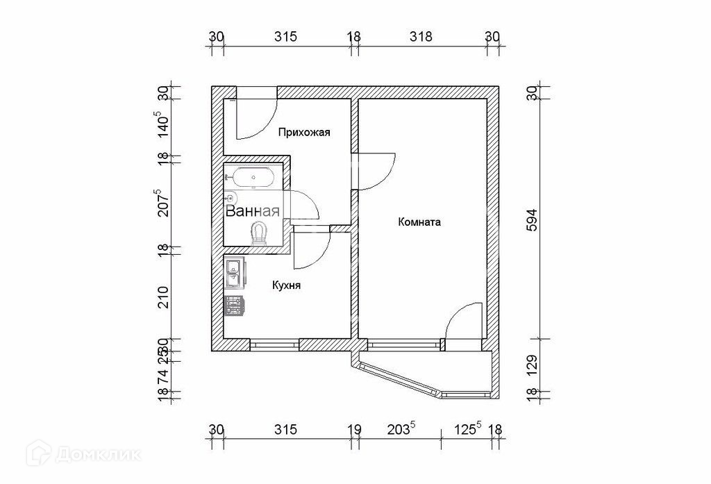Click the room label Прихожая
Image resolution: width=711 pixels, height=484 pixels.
pos(303,132)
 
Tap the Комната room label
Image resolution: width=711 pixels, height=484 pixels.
pos(419,223)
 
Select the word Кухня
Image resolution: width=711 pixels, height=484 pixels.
pos(285,285)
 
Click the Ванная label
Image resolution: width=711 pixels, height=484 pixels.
pos(252,212)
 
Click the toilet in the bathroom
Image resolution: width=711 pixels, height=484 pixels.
pos(260,233)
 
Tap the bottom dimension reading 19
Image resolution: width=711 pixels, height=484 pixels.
pos(354,429)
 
